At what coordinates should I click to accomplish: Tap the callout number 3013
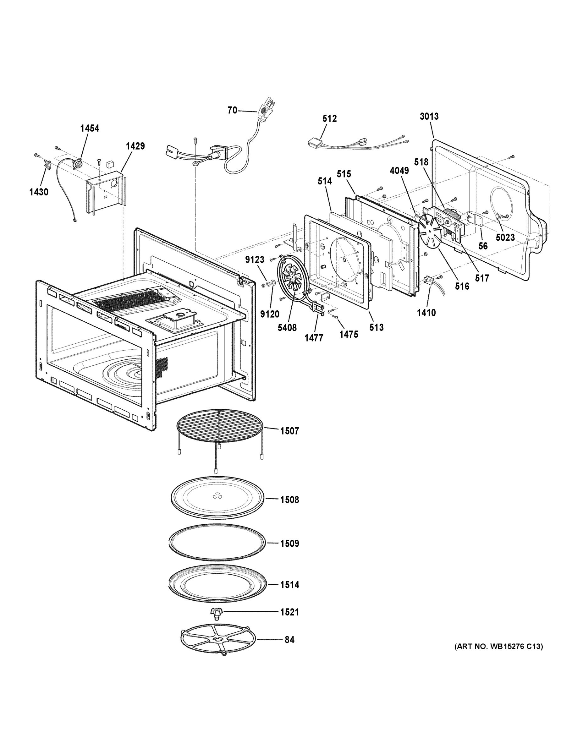(429, 116)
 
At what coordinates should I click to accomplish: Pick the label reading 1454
(90, 128)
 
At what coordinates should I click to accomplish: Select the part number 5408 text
(287, 328)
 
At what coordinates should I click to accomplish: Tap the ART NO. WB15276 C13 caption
(498, 646)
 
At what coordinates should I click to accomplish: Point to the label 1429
(135, 146)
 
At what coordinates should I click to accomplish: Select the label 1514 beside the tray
(289, 585)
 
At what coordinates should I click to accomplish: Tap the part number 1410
(426, 313)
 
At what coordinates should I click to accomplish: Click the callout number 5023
(505, 238)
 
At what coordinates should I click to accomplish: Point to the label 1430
(39, 192)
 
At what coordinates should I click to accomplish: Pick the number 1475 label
(349, 334)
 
